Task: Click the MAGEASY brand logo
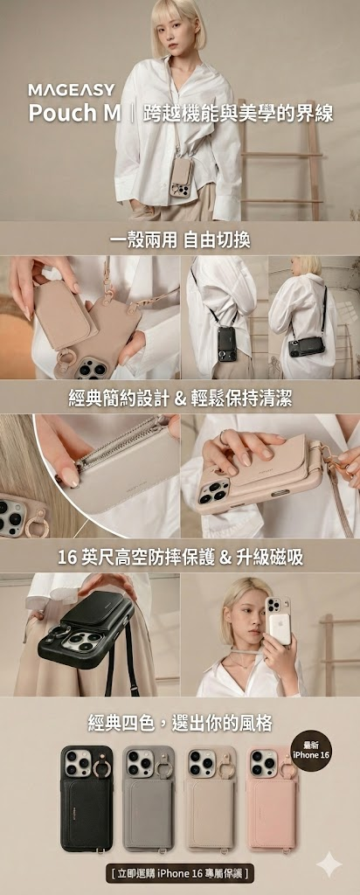pyautogui.click(x=72, y=89)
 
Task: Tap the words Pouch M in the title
pyautogui.click(x=75, y=113)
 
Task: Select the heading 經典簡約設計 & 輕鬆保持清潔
pyautogui.click(x=180, y=399)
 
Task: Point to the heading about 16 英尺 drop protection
pyautogui.click(x=180, y=558)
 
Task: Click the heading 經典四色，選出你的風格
pyautogui.click(x=180, y=724)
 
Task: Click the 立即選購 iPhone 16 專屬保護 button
pyautogui.click(x=180, y=873)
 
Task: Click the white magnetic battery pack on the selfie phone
pyautogui.click(x=280, y=627)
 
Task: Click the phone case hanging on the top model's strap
pyautogui.click(x=183, y=177)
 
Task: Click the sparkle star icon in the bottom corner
pyautogui.click(x=329, y=864)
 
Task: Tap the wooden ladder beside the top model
pyautogui.click(x=281, y=160)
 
